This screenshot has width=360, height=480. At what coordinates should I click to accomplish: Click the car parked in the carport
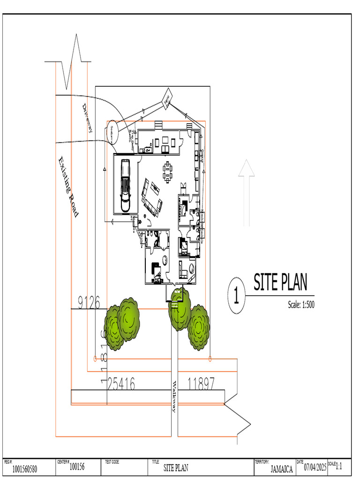[x=125, y=185]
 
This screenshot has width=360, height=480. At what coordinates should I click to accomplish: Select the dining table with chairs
[x=167, y=172]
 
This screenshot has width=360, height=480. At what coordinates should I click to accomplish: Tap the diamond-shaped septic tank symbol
[x=167, y=99]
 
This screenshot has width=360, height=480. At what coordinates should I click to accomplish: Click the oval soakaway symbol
[x=112, y=132]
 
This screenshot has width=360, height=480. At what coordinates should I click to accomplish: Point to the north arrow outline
[x=246, y=192]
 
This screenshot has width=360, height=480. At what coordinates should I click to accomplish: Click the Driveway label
[x=87, y=117]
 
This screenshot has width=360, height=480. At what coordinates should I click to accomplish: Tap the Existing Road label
[x=68, y=187]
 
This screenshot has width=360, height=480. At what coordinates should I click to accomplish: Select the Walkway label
[x=173, y=397]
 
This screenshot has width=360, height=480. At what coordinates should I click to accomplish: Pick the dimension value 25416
[x=121, y=384]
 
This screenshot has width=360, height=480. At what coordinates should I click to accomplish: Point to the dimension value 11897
[x=201, y=384]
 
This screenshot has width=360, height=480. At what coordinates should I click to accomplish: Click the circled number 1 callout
[x=237, y=296]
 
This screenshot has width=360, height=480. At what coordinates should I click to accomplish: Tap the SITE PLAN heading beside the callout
[x=280, y=283]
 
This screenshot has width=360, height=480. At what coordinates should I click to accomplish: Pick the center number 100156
[x=77, y=467]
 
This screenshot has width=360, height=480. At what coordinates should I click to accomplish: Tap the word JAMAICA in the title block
[x=282, y=469]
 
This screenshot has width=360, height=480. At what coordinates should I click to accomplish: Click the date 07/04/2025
[x=315, y=467]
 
